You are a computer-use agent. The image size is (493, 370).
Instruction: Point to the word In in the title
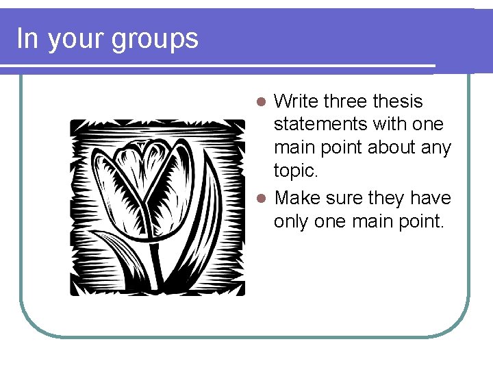click(27, 38)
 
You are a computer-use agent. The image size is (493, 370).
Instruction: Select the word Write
click(296, 101)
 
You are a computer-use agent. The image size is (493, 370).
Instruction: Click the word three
click(345, 101)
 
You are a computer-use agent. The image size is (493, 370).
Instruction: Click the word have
click(433, 198)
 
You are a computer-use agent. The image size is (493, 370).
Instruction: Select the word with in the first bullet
click(390, 125)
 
